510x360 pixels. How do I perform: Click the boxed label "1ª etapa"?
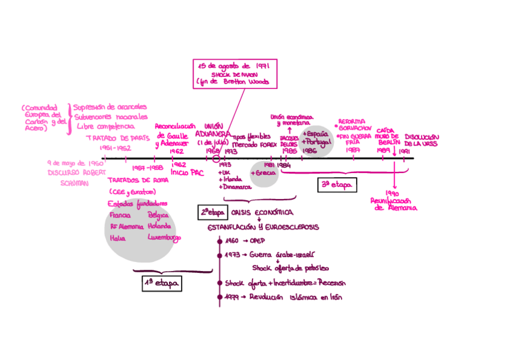pyautogui.click(x=162, y=283)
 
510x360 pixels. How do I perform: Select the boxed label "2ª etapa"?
pyautogui.click(x=212, y=212)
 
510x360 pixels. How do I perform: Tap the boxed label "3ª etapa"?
pyautogui.click(x=337, y=185)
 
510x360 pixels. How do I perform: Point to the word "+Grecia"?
pyautogui.click(x=265, y=173)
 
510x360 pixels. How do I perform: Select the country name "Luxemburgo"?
pyautogui.click(x=164, y=237)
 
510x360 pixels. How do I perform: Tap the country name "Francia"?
pyautogui.click(x=120, y=215)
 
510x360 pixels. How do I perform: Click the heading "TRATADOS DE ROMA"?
pyautogui.click(x=138, y=180)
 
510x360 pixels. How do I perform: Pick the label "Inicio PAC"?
pyautogui.click(x=188, y=172)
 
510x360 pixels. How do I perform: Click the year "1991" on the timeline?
pyautogui.click(x=404, y=152)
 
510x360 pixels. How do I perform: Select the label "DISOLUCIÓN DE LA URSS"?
pyautogui.click(x=421, y=141)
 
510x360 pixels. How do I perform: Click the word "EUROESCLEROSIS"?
pyautogui.click(x=292, y=227)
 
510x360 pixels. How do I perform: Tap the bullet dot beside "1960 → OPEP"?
pyautogui.click(x=220, y=240)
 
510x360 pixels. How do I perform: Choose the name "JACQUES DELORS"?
pyautogui.click(x=289, y=141)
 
